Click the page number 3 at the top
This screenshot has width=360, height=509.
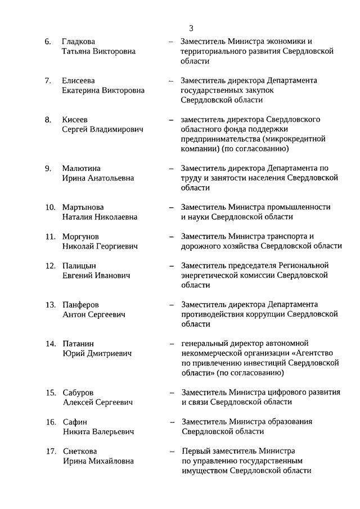pos(191,28)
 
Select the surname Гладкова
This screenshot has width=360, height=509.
pos(79,42)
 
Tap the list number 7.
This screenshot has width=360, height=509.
pos(48,81)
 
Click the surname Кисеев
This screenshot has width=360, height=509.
pos(75,120)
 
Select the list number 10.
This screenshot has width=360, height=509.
pos(50,207)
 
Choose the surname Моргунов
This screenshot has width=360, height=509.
pos(80,236)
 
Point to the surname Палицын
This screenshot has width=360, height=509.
pos(79,265)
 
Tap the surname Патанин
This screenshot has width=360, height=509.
pos(78,344)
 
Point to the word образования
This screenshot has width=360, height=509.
pos(292,422)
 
